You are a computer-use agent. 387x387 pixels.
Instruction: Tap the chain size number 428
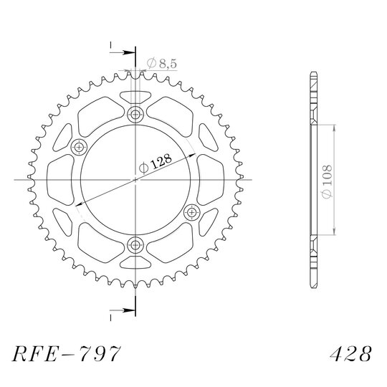click(x=350, y=353)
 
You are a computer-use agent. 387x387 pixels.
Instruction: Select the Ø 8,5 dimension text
click(x=162, y=64)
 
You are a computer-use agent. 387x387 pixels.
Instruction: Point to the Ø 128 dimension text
click(x=156, y=163)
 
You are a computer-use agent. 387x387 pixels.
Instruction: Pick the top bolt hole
click(x=135, y=114)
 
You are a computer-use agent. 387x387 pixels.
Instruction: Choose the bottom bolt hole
click(x=135, y=245)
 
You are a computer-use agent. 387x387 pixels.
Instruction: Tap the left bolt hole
click(x=79, y=148)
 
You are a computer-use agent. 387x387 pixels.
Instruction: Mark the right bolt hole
click(x=192, y=212)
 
